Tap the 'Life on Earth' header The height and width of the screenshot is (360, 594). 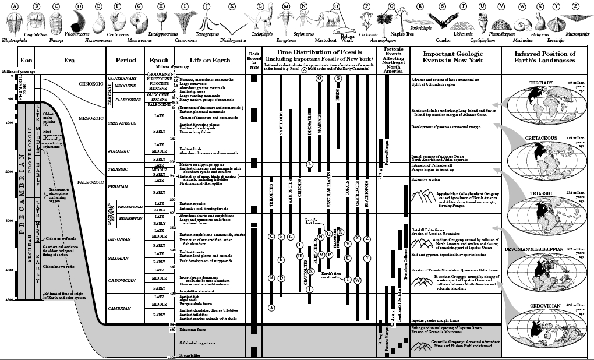[210, 60]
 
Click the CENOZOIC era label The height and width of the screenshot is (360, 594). [91, 83]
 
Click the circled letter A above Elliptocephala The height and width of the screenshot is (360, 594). [15, 6]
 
